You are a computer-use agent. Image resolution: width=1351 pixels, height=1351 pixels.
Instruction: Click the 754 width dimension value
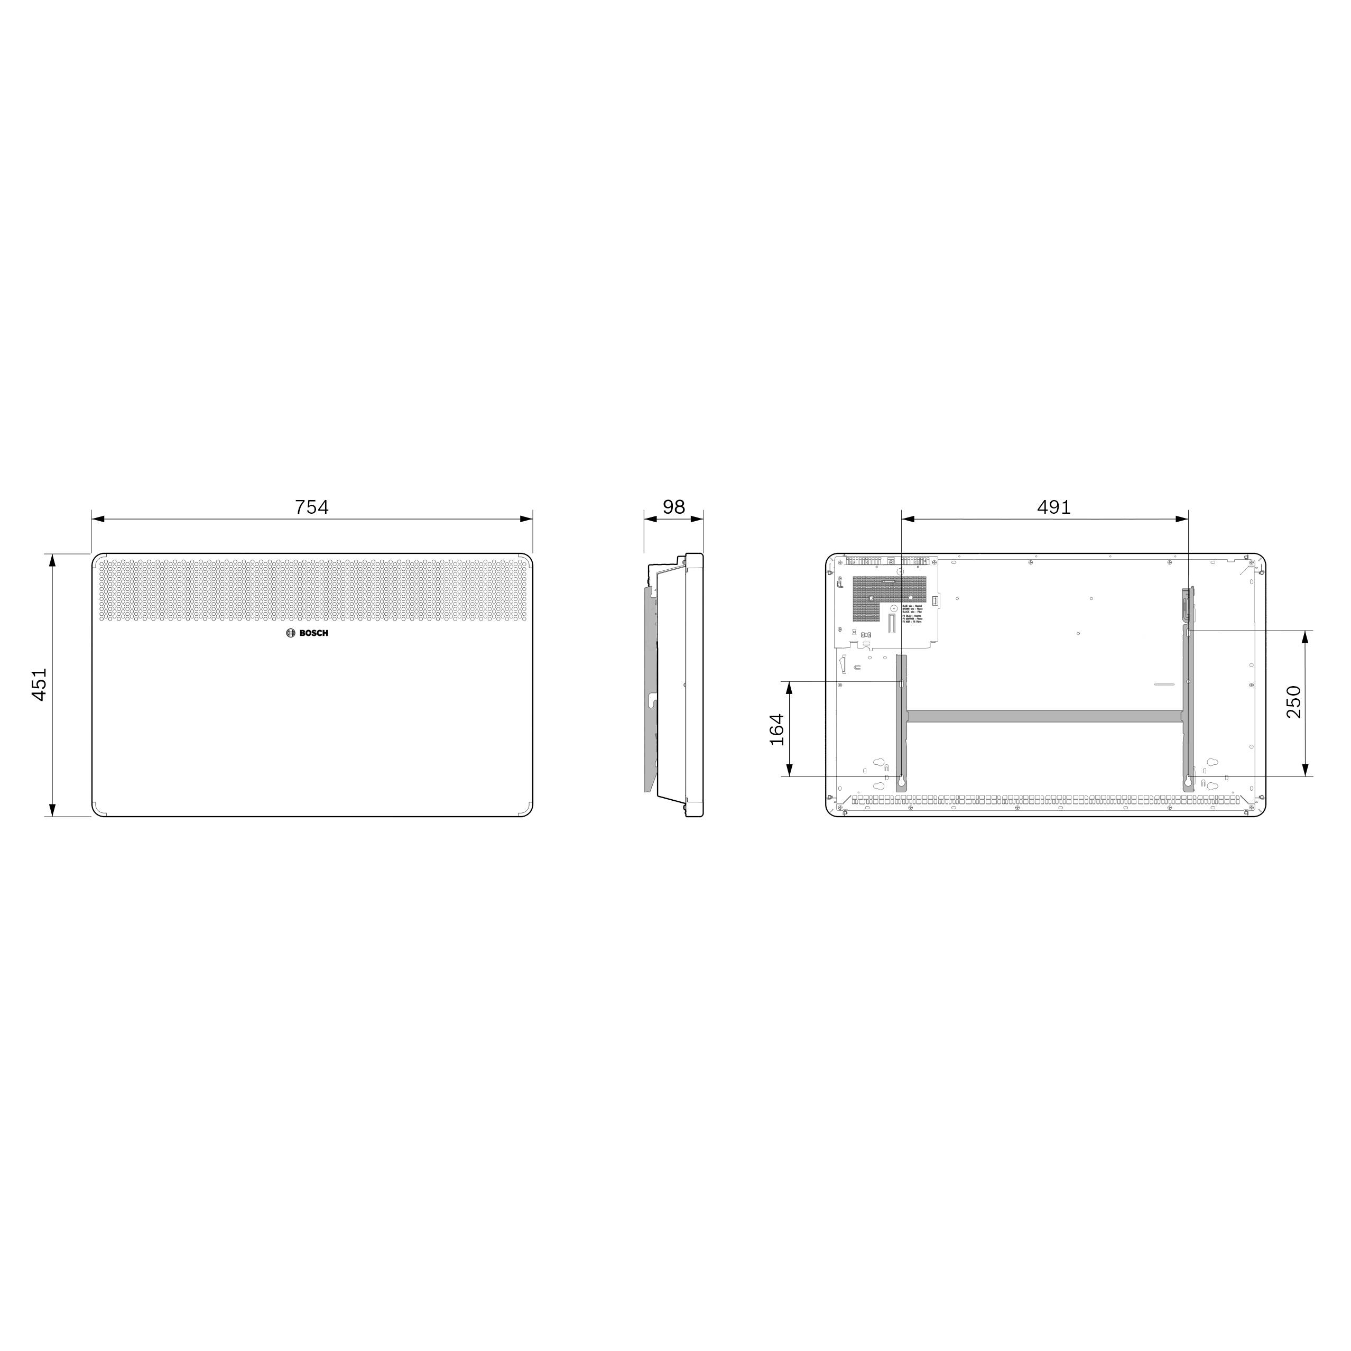point(311,506)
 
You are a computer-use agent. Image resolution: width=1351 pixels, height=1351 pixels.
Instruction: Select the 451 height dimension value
point(39,684)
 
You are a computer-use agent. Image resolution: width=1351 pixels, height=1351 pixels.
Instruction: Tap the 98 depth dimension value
point(673,506)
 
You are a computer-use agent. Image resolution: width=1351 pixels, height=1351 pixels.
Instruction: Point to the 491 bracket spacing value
point(1053,506)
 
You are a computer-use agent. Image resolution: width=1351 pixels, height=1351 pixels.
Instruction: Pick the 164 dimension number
point(777,729)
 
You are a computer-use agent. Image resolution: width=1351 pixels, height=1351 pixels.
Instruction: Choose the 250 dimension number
point(1294,702)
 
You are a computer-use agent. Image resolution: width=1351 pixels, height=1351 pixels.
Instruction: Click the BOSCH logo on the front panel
point(307,633)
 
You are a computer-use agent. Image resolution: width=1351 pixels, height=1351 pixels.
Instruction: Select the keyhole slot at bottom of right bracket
point(1187,780)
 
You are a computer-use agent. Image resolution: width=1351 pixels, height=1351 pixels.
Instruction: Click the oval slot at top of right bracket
point(1189,632)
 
